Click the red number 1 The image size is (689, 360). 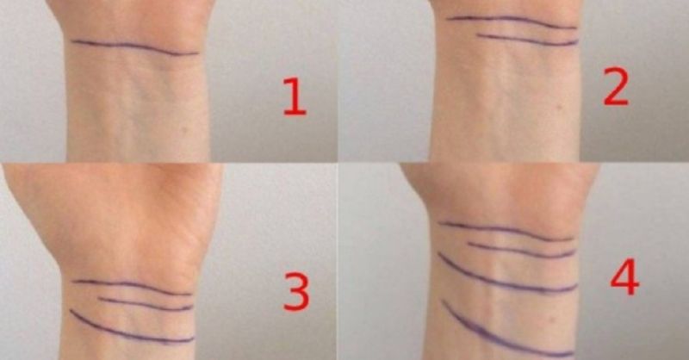click(295, 96)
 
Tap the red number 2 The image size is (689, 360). click(616, 87)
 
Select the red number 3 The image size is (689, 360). click(296, 291)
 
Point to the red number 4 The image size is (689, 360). click(625, 277)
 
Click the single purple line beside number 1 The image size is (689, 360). click(134, 46)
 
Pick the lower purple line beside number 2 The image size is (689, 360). click(527, 40)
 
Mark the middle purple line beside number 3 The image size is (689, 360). click(145, 304)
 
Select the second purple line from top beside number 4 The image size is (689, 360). click(521, 251)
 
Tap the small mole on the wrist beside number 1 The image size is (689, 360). click(184, 130)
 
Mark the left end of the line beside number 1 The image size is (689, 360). click(71, 41)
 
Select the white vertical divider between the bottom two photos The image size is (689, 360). click(338, 262)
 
